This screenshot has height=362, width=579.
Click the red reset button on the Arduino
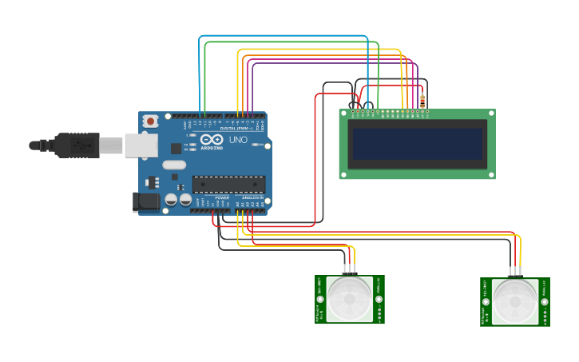(x=150, y=121)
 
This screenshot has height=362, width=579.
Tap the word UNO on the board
(x=238, y=140)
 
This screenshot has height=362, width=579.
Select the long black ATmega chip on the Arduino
(x=228, y=185)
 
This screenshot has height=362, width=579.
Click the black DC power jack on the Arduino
(x=146, y=201)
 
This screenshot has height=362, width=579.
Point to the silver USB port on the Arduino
(x=141, y=145)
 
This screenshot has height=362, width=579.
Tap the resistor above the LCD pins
(x=422, y=101)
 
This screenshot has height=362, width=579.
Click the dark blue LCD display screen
(x=417, y=145)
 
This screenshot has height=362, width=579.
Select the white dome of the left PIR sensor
(x=350, y=300)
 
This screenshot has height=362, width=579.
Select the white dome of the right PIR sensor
(x=515, y=300)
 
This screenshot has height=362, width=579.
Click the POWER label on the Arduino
(x=222, y=198)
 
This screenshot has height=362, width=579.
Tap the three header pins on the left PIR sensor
(x=348, y=269)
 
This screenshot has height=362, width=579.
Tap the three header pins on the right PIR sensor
(x=515, y=271)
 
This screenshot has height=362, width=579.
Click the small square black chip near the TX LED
(x=176, y=148)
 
